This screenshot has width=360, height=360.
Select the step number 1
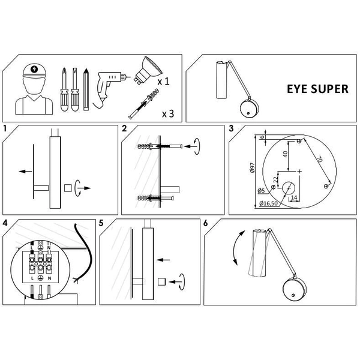point(5,129)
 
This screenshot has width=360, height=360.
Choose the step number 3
point(231,129)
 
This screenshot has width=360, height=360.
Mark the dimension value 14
point(294,196)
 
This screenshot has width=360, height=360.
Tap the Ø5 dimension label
point(261,191)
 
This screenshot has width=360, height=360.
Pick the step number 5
point(101,223)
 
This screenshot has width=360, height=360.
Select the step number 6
point(206,223)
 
